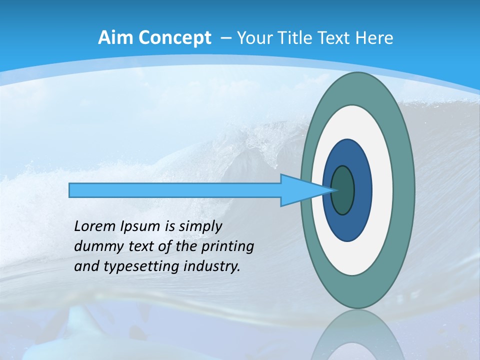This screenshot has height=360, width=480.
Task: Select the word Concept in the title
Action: click(x=174, y=38)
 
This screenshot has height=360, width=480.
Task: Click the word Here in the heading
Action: click(x=374, y=38)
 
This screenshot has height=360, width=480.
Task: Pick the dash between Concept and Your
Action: click(x=225, y=38)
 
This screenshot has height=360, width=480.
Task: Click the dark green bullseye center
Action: click(x=343, y=190)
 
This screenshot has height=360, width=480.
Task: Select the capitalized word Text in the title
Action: click(x=335, y=38)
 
